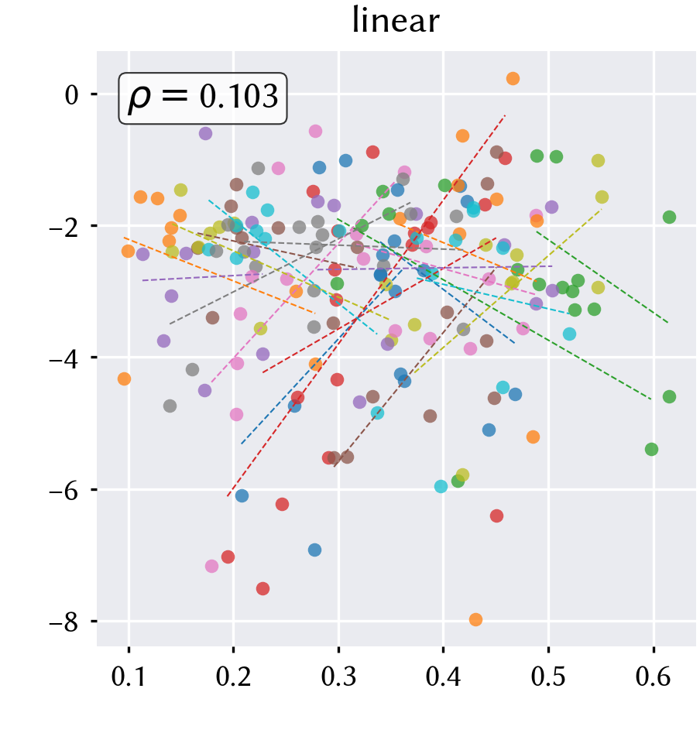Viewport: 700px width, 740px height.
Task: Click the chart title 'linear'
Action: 396,21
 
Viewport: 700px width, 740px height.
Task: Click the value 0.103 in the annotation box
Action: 238,96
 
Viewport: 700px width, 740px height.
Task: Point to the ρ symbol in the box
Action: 139,98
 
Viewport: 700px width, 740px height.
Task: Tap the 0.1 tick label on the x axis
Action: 129,677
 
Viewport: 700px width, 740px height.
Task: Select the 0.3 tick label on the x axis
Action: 338,677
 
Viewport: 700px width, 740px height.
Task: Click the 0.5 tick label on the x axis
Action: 548,677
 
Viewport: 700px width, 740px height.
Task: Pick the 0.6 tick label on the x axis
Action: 654,677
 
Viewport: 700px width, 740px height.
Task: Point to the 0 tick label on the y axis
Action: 72,95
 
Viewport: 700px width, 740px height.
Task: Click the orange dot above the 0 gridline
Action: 513,78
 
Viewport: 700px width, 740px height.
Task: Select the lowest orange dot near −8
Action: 475,619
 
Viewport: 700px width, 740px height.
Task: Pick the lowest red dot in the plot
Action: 263,588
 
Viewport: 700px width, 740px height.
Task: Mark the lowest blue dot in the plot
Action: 315,550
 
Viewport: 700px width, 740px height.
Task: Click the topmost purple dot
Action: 205,134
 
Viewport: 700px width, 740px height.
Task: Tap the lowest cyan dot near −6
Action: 441,486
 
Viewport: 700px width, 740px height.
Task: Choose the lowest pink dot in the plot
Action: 212,566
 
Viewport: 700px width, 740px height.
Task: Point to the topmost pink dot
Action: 315,131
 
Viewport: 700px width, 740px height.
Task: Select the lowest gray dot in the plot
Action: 170,406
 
